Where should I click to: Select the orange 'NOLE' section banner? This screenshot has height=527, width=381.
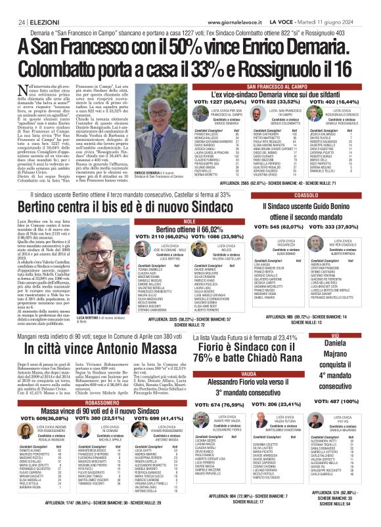(190, 222)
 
